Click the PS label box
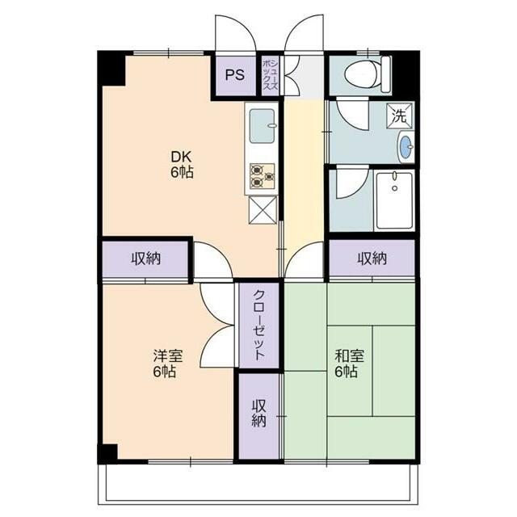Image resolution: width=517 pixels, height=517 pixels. pyautogui.click(x=234, y=76)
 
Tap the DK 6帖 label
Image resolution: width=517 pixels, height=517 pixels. pyautogui.click(x=181, y=164)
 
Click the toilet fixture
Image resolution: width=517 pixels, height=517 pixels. pyautogui.click(x=364, y=74)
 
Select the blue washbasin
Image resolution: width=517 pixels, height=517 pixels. pyautogui.click(x=405, y=146)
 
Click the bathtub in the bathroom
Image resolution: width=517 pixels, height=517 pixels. pyautogui.click(x=393, y=201)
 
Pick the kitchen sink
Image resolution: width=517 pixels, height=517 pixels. pyautogui.click(x=263, y=127)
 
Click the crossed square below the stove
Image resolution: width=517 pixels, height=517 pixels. pyautogui.click(x=263, y=209)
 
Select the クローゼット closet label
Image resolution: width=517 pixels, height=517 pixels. pyautogui.click(x=259, y=325)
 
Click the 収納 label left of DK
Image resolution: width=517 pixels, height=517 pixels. pyautogui.click(x=145, y=258)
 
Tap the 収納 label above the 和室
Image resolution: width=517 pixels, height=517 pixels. pyautogui.click(x=372, y=258)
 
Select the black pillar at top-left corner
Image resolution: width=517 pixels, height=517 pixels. pyautogui.click(x=111, y=68)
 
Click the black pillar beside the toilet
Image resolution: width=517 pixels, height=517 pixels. pyautogui.click(x=403, y=71)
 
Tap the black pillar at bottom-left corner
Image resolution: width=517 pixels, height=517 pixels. pyautogui.click(x=107, y=452)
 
